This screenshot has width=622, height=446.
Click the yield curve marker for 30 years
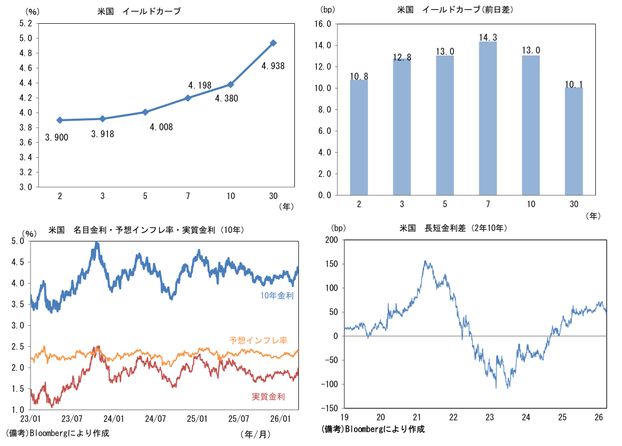click(273, 43)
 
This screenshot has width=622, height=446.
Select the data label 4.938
click(273, 65)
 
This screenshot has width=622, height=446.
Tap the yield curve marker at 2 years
click(60, 120)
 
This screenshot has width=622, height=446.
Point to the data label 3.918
click(103, 134)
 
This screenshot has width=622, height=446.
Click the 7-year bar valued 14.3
click(488, 118)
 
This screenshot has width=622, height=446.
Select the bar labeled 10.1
click(574, 141)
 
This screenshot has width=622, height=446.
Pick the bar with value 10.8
click(359, 137)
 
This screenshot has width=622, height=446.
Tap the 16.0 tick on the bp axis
click(322, 24)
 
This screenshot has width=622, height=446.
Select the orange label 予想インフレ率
click(258, 340)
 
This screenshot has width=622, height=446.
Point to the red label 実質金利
click(268, 397)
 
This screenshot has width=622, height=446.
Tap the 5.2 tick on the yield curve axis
click(25, 23)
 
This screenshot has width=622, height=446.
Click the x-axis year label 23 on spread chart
click(489, 417)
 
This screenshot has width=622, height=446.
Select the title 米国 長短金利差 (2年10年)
click(452, 228)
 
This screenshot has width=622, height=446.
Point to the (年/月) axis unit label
click(255, 433)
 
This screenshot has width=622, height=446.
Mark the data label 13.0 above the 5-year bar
click(445, 52)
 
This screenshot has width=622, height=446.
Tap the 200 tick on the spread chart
click(332, 240)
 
